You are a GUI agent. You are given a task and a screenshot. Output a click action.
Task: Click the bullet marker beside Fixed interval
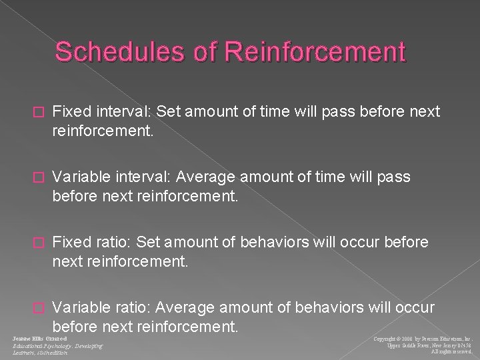[x=38, y=112]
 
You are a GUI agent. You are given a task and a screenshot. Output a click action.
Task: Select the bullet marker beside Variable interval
[x=38, y=177]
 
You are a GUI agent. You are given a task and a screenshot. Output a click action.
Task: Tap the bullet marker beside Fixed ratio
[x=38, y=241]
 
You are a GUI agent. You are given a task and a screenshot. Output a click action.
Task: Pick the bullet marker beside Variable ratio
[x=38, y=289]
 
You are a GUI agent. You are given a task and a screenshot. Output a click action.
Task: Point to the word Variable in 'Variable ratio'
[x=79, y=289]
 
